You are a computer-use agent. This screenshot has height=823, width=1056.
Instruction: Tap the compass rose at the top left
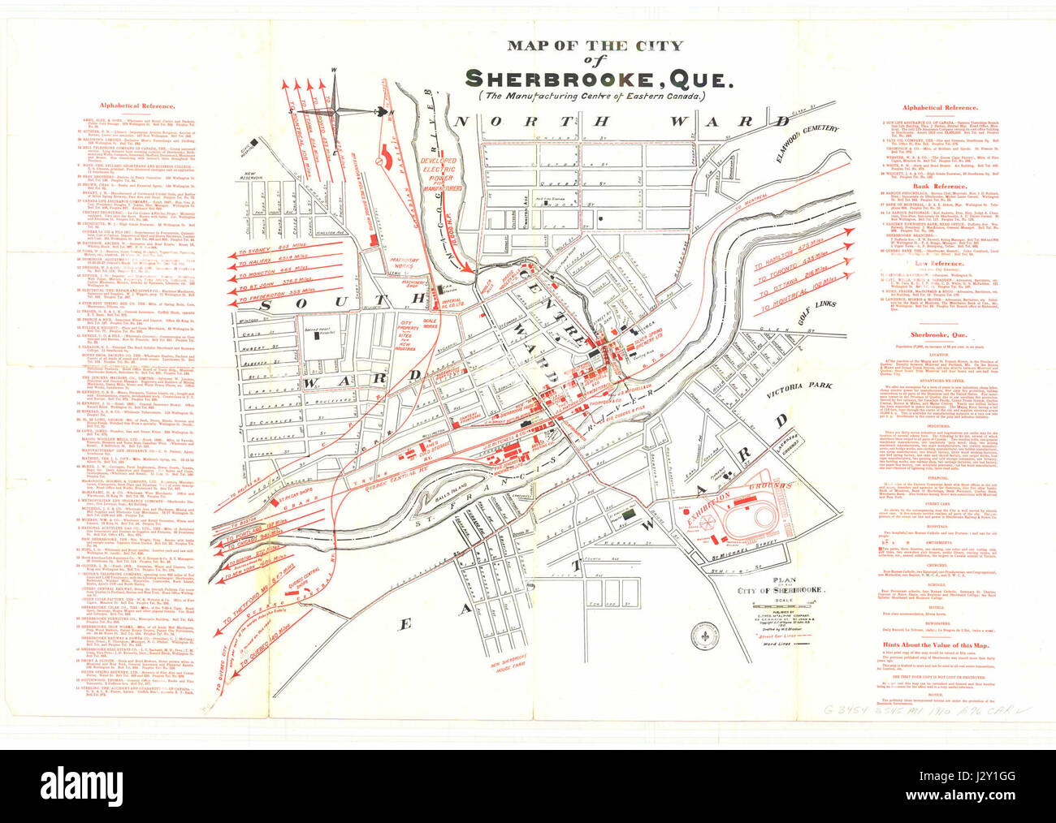pos(334,110)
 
